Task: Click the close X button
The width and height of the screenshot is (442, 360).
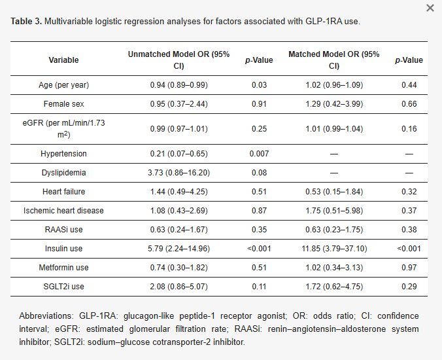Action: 430,8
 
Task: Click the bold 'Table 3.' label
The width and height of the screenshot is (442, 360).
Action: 25,22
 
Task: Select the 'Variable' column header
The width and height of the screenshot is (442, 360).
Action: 63,60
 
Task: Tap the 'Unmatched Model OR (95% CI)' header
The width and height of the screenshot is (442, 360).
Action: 178,60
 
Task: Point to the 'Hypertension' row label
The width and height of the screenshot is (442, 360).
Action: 63,154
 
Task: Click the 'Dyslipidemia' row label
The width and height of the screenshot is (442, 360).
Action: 63,173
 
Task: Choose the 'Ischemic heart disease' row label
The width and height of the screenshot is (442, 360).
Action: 63,211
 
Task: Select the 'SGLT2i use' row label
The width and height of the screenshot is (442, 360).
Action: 63,287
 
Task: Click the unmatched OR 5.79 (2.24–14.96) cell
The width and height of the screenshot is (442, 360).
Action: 178,249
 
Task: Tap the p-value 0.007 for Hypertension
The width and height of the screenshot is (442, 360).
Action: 259,154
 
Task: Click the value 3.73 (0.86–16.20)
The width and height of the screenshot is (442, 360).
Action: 178,173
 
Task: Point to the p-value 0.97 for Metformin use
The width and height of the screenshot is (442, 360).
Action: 409,268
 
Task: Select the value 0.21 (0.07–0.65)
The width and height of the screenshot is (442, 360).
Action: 178,154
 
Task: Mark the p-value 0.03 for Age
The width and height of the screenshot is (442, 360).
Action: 259,85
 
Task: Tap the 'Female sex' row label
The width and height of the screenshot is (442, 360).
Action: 63,103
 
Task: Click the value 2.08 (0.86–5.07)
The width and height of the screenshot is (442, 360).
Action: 178,287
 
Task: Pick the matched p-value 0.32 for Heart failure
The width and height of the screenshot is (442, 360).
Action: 409,192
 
